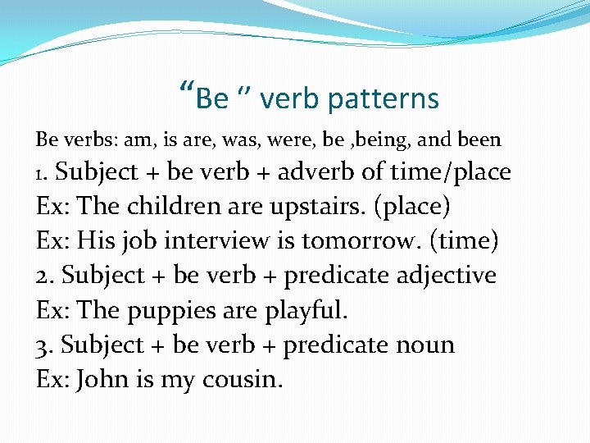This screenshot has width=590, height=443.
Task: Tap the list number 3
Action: (44, 345)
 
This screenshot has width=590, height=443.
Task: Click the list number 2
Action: (44, 276)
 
